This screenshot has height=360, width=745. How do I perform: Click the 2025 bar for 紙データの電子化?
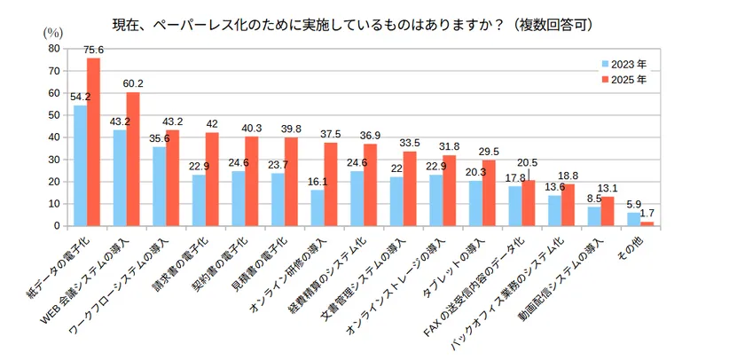click(x=93, y=142)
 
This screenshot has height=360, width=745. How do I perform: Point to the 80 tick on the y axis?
click(x=55, y=49)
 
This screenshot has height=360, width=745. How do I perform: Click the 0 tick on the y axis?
click(x=58, y=226)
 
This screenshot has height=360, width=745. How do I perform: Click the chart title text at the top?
click(x=353, y=22)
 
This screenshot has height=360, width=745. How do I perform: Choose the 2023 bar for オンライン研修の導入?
click(x=317, y=208)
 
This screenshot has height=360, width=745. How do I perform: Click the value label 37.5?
click(x=331, y=135)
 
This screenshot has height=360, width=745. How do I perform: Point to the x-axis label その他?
click(x=635, y=243)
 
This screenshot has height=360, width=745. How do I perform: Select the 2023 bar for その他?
click(x=633, y=219)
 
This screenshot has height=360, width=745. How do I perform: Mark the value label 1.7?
click(x=647, y=214)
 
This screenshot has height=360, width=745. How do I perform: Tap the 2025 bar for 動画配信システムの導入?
click(x=608, y=211)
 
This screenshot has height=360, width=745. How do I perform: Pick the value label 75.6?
click(x=93, y=50)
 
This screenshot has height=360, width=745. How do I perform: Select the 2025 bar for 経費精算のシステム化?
click(x=370, y=184)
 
